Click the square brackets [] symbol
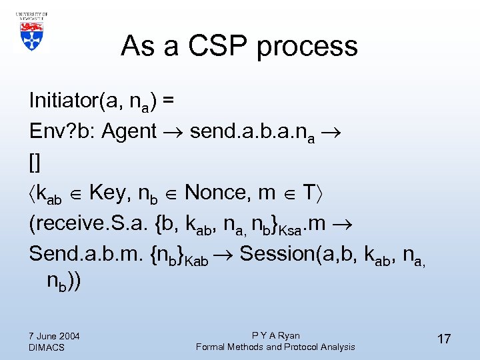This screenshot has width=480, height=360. (35, 162)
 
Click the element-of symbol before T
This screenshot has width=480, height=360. (288, 193)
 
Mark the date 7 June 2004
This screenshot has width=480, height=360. (55, 335)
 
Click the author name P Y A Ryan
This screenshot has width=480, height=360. (275, 335)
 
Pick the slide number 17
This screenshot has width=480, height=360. (443, 339)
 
